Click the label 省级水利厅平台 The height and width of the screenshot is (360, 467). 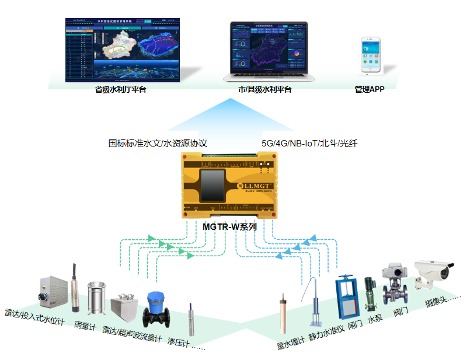coord(120,90)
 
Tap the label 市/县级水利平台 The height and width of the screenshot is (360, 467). coord(264,90)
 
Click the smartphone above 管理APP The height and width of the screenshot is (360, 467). coord(371,55)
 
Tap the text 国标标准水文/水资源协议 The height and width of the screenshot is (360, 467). coord(158,143)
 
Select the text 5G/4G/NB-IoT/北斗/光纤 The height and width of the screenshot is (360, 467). coord(309,143)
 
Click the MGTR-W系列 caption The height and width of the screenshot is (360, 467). coord(229,227)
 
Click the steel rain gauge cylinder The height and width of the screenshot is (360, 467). coord(96,298)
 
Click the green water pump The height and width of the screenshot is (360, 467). coord(369,297)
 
